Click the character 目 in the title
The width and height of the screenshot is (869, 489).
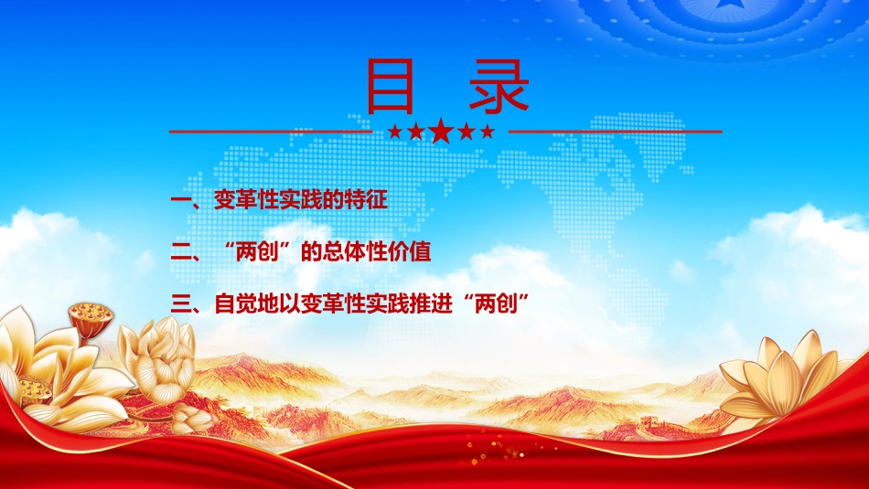(391, 86)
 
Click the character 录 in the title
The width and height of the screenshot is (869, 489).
(499, 86)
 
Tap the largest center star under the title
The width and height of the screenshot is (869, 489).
(441, 131)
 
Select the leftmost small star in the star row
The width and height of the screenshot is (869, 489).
(395, 132)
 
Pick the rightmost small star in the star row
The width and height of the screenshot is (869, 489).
(488, 132)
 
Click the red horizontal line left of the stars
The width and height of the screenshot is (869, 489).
(271, 132)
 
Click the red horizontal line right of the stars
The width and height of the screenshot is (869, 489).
(616, 132)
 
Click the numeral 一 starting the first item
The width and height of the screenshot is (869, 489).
(181, 200)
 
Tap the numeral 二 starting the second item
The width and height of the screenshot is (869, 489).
(181, 252)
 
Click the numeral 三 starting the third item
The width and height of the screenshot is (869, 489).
(181, 304)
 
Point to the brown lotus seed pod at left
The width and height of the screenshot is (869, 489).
(91, 319)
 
